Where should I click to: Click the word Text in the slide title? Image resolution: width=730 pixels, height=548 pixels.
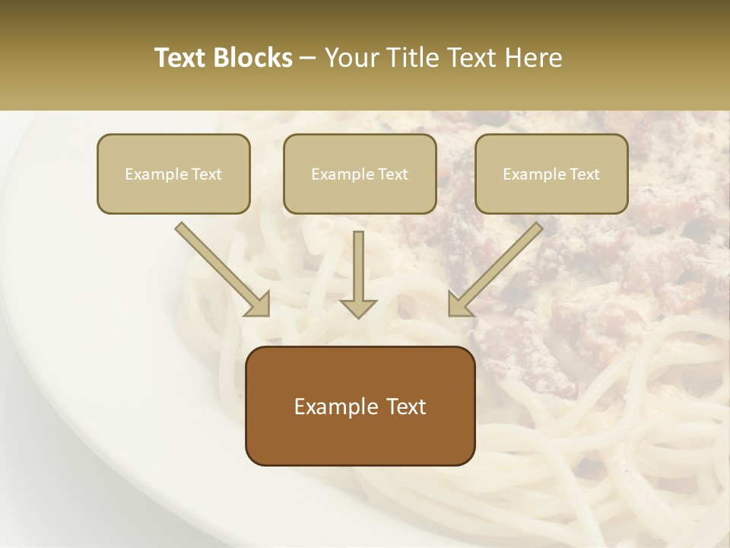click(181, 58)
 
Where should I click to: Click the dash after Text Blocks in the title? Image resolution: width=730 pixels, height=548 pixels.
click(308, 59)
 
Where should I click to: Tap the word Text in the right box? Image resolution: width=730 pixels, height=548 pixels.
click(584, 174)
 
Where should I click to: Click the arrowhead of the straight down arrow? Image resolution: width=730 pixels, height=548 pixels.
click(358, 307)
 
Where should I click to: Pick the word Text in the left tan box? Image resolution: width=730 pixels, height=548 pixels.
click(206, 174)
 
